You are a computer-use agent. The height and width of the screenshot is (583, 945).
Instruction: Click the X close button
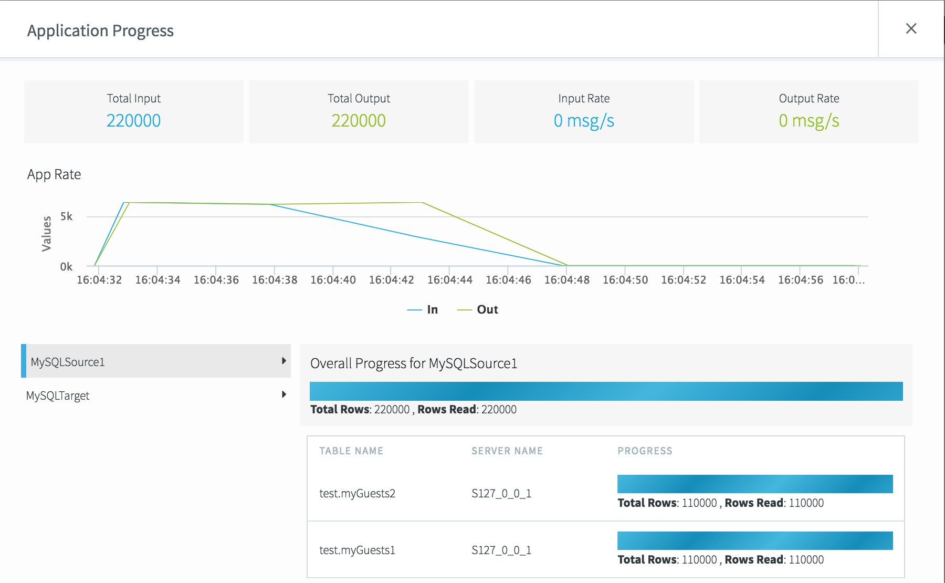click(911, 28)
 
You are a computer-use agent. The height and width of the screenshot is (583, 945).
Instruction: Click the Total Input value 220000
click(133, 121)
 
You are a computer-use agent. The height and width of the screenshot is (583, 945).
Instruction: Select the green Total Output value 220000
click(359, 121)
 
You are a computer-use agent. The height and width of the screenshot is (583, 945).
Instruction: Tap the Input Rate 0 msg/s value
click(584, 121)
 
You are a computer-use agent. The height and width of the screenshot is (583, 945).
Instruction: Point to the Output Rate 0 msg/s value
click(808, 121)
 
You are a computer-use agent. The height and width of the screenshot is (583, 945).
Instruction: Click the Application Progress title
click(100, 31)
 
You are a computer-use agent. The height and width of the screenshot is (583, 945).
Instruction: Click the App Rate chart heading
click(54, 174)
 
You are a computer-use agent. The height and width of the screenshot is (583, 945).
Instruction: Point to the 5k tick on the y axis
click(66, 216)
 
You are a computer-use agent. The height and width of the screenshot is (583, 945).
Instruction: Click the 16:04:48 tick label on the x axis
click(566, 280)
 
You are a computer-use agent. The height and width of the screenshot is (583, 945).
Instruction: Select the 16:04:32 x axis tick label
click(99, 280)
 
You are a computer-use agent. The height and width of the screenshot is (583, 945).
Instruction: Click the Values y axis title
click(47, 234)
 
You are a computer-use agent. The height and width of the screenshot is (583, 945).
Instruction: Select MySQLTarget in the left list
click(58, 395)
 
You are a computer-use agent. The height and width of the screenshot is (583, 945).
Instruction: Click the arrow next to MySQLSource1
click(283, 361)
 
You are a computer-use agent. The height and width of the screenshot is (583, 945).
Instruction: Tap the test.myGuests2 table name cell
click(357, 493)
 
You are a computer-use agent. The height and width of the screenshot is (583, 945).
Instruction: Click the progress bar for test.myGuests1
click(754, 540)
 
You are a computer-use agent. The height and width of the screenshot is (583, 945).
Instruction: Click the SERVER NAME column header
click(507, 451)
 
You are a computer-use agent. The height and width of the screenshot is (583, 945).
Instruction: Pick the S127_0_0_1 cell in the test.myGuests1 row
click(501, 550)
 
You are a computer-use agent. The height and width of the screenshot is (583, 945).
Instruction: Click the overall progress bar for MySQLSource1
click(606, 391)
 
